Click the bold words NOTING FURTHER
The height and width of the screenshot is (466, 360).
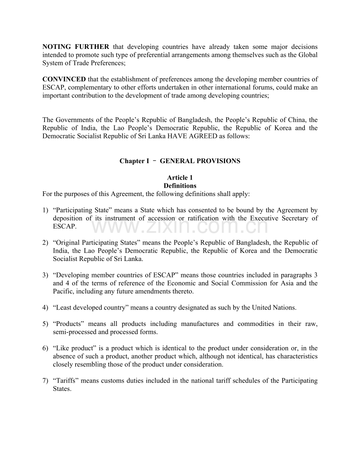pos(76,47)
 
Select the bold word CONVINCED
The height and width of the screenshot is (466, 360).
pos(64,79)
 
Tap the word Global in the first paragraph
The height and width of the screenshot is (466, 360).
pos(308,55)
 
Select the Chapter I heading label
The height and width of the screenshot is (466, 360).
pos(134,161)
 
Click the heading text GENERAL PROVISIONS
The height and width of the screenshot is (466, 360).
pos(200,161)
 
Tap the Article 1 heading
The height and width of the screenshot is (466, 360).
pos(180,178)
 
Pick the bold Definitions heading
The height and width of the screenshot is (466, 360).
pos(180,186)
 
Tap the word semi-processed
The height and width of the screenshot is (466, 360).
pos(72,332)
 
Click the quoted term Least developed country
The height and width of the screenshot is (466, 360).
pos(90,308)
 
